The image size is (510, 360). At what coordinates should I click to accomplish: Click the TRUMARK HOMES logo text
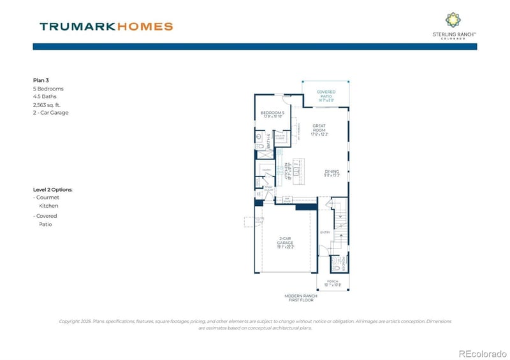106,27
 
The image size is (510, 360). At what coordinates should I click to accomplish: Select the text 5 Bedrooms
48,89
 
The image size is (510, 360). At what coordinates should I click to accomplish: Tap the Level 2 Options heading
53,190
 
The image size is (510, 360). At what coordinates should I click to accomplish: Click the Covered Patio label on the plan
326,94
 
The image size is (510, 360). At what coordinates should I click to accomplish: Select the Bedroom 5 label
272,113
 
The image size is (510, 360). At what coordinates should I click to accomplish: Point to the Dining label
331,172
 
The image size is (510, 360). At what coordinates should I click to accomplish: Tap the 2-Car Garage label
286,241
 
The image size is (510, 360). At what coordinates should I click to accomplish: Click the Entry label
324,233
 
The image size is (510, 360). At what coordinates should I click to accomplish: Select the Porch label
333,282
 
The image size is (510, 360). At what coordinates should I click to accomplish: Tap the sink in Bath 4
259,136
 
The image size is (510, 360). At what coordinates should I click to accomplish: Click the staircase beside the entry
340,223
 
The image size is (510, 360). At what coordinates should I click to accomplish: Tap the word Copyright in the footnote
70,321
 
